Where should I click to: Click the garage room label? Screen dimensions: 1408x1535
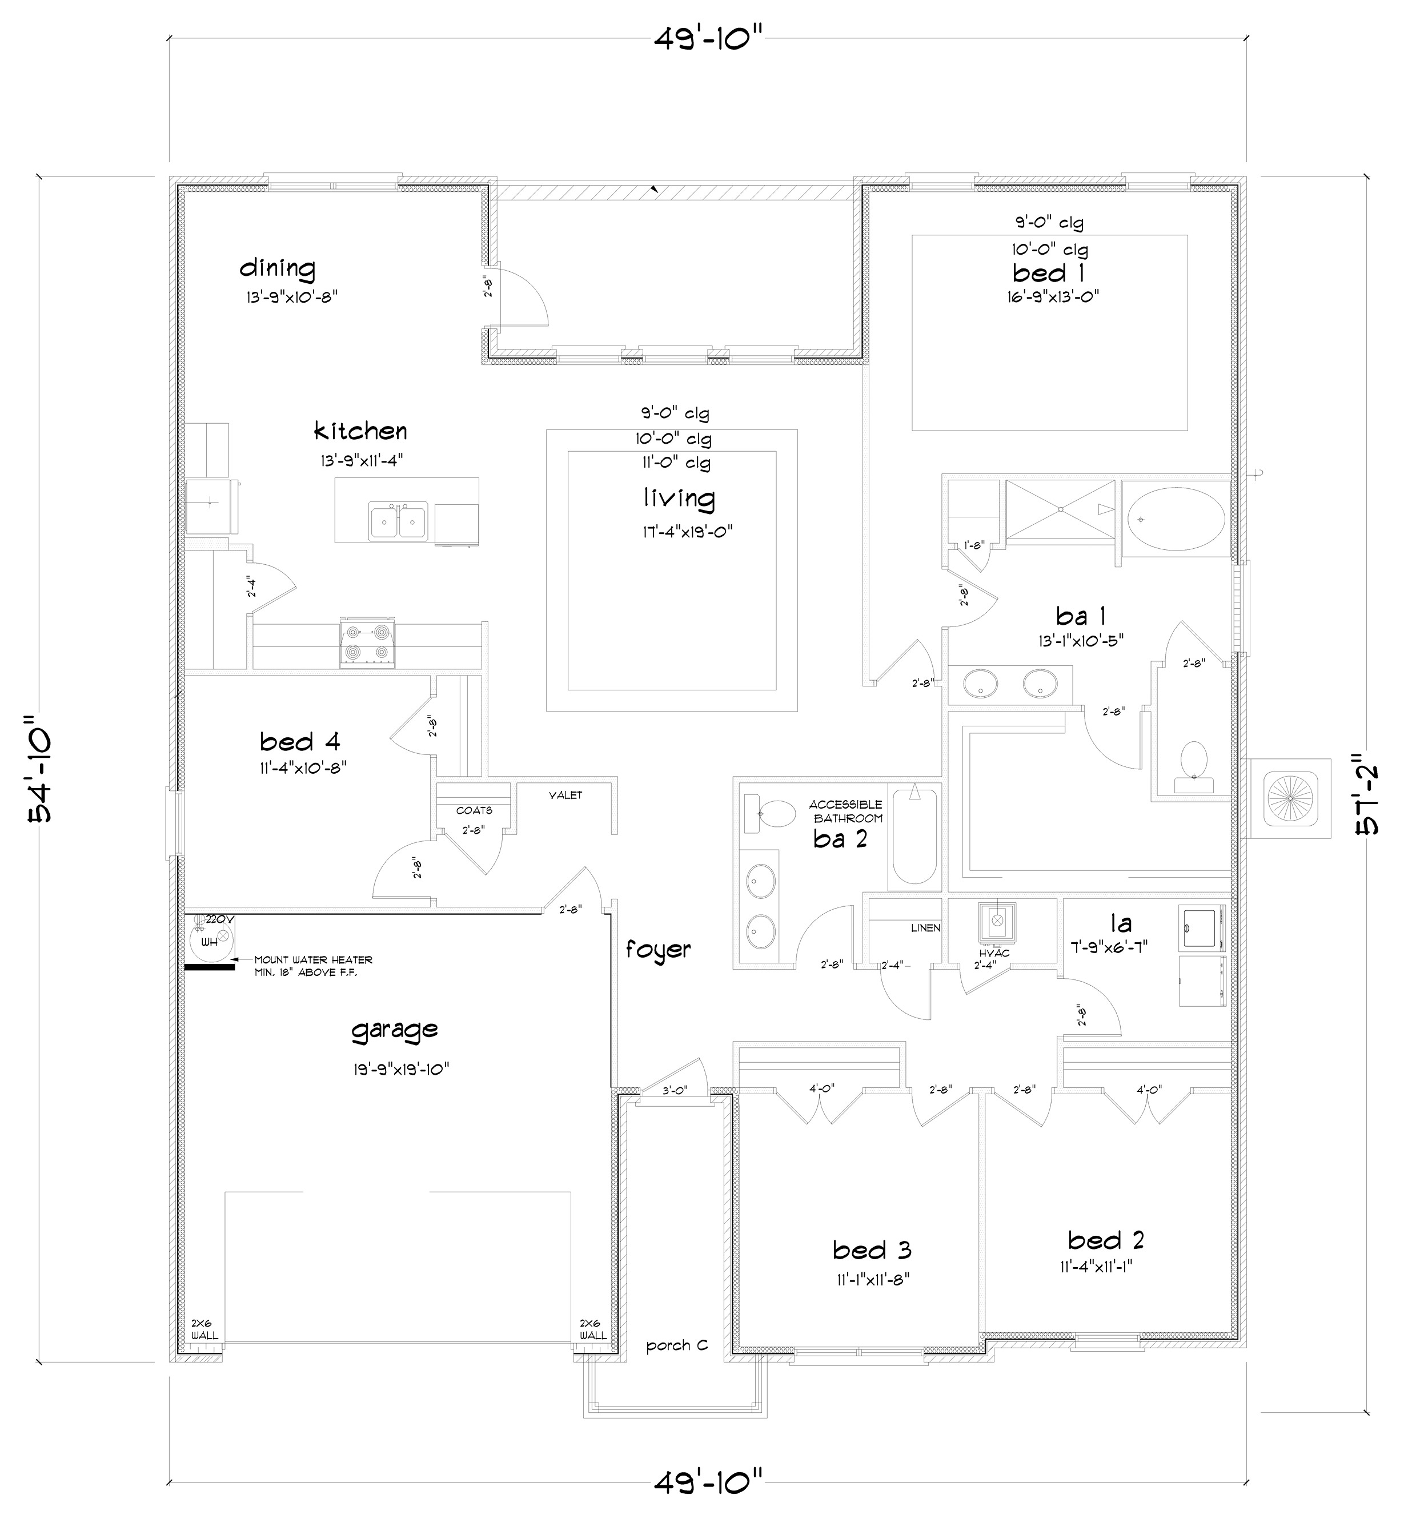click(394, 1031)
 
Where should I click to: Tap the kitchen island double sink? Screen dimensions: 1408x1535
click(398, 521)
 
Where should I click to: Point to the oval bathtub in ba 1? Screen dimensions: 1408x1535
click(1176, 519)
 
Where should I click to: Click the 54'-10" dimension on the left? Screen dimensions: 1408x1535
click(39, 769)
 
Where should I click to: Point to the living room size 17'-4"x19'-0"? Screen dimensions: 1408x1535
click(687, 531)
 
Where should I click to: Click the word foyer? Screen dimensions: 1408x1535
click(658, 949)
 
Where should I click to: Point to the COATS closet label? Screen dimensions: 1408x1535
click(474, 810)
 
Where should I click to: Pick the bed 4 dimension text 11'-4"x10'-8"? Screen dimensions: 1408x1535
click(303, 768)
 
